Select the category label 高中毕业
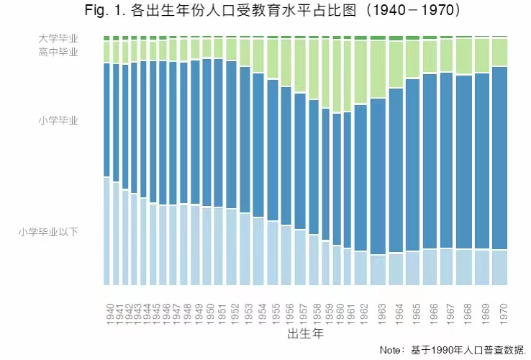58,52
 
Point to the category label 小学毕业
58,120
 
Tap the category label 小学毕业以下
49,232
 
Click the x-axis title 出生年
305,335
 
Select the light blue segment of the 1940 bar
107,230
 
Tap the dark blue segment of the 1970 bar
500,158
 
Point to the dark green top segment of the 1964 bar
396,38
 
